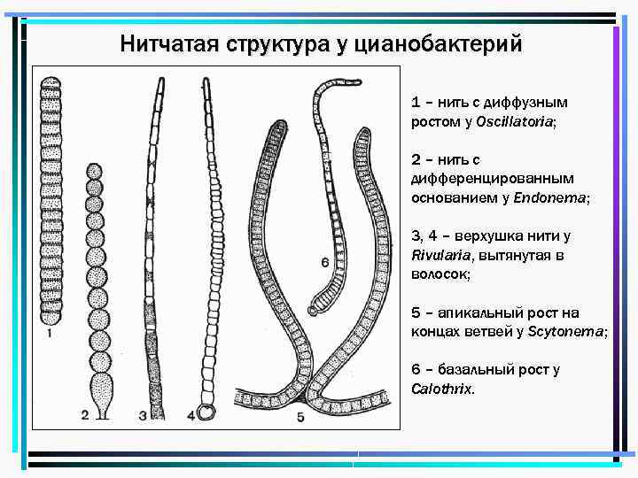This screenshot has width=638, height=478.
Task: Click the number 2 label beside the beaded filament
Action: [85, 414]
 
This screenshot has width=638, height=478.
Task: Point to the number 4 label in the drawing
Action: [193, 414]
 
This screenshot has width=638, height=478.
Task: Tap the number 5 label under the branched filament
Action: [300, 415]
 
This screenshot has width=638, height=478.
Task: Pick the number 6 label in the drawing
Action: [325, 262]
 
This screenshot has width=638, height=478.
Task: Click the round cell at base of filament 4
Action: [207, 412]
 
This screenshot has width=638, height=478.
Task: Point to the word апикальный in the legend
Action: [477, 312]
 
